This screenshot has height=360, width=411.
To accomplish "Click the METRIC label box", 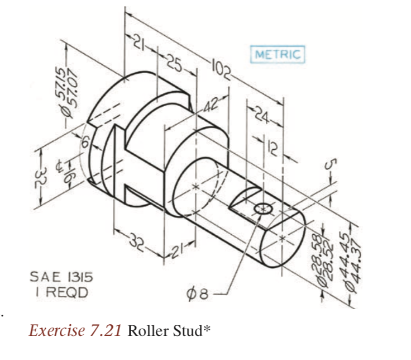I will pos(278,55).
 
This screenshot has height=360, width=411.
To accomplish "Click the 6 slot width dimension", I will pos(87,144).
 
